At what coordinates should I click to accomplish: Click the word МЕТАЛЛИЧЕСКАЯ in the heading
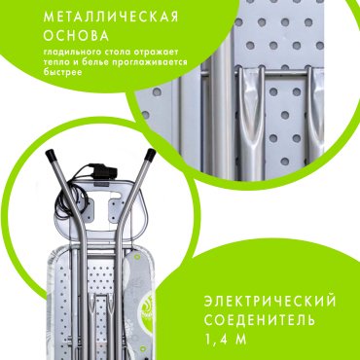111,17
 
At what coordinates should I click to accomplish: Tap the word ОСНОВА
76,36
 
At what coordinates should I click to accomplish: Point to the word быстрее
62,72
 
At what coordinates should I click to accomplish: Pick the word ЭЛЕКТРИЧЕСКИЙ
270,302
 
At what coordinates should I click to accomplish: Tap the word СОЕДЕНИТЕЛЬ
260,320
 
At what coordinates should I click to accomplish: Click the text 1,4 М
226,340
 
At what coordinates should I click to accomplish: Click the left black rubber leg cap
52,155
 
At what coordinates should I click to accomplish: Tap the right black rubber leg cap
150,155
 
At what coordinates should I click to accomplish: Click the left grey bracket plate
87,208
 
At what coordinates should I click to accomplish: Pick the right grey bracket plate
117,208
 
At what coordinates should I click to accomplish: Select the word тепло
55,63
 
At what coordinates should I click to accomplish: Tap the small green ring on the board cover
137,257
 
